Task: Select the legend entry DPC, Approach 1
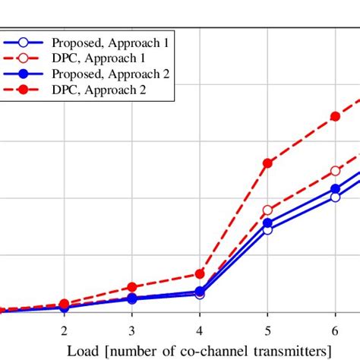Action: (99, 58)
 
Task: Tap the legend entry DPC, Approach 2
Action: (99, 90)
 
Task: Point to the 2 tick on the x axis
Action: (64, 330)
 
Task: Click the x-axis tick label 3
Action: (131, 330)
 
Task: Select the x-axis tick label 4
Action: (199, 330)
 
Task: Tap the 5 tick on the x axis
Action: (267, 330)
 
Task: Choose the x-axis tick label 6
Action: (335, 330)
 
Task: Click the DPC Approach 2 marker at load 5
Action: (267, 163)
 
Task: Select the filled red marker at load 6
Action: (335, 117)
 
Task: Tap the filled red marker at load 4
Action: (200, 273)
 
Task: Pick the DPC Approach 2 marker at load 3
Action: (131, 287)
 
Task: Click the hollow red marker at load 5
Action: (267, 210)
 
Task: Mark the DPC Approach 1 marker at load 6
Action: (335, 171)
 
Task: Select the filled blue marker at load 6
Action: (335, 189)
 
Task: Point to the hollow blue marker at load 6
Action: (335, 197)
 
